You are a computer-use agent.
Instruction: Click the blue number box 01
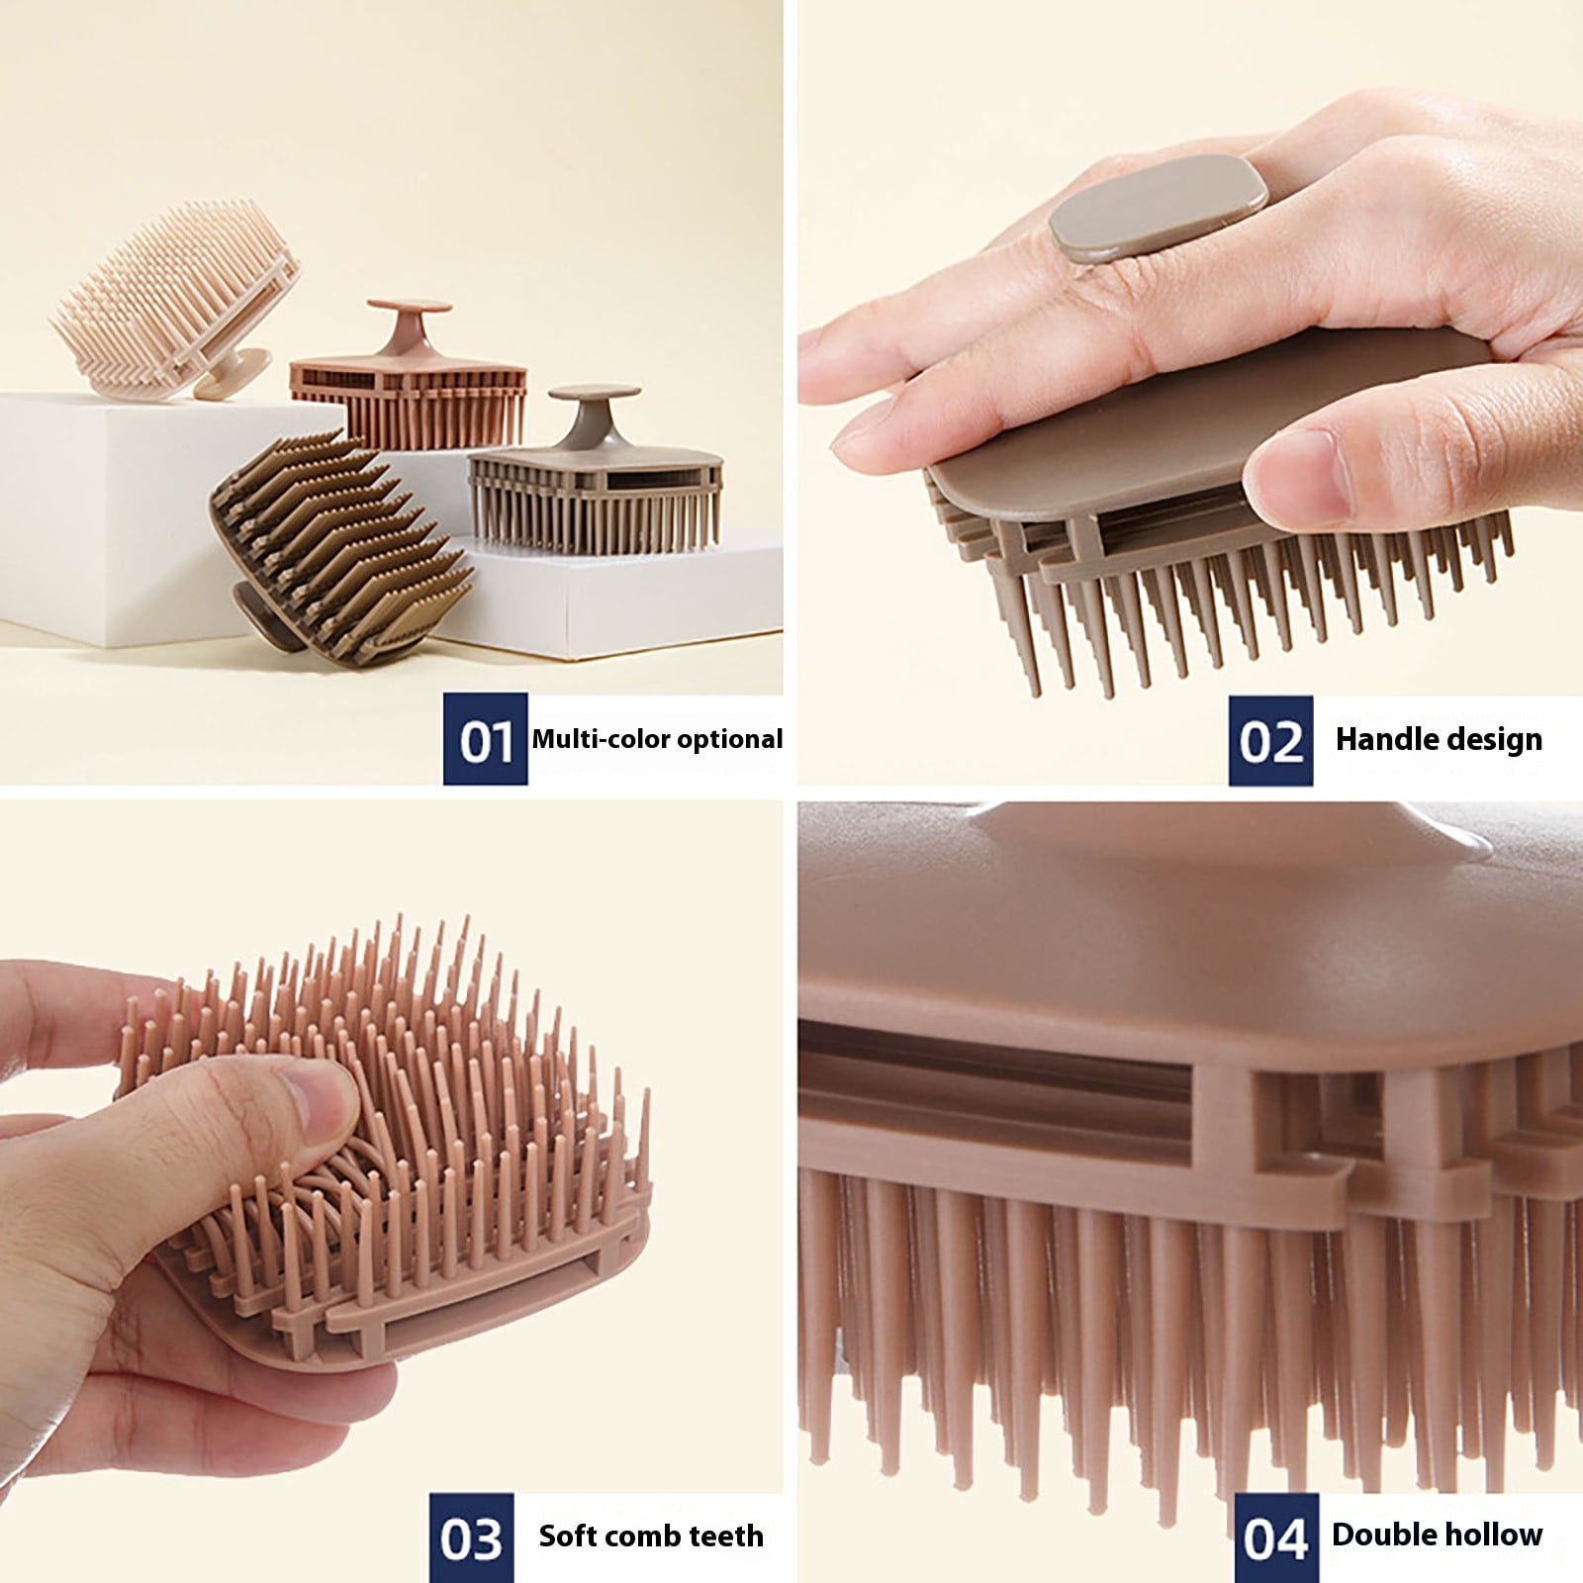point(485,739)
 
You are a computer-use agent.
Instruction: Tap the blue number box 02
point(1270,740)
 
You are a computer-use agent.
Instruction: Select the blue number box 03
point(472,1537)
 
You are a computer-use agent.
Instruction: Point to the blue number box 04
point(1276,1537)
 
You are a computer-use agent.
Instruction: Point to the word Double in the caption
point(1382,1535)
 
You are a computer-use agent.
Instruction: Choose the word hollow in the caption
point(1492,1535)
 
